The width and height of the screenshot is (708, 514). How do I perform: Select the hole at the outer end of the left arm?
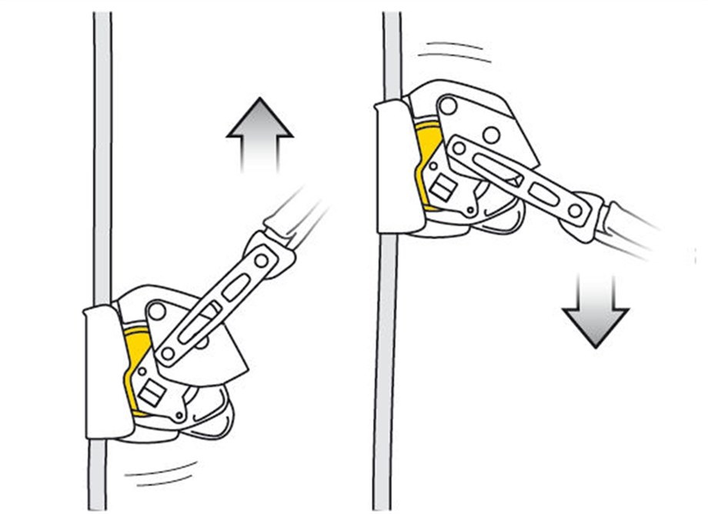[x=262, y=261]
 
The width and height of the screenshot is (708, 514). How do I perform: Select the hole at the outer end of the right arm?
[x=575, y=210]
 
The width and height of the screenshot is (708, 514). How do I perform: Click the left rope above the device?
[x=102, y=154]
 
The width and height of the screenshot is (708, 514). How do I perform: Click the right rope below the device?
[x=386, y=369]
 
